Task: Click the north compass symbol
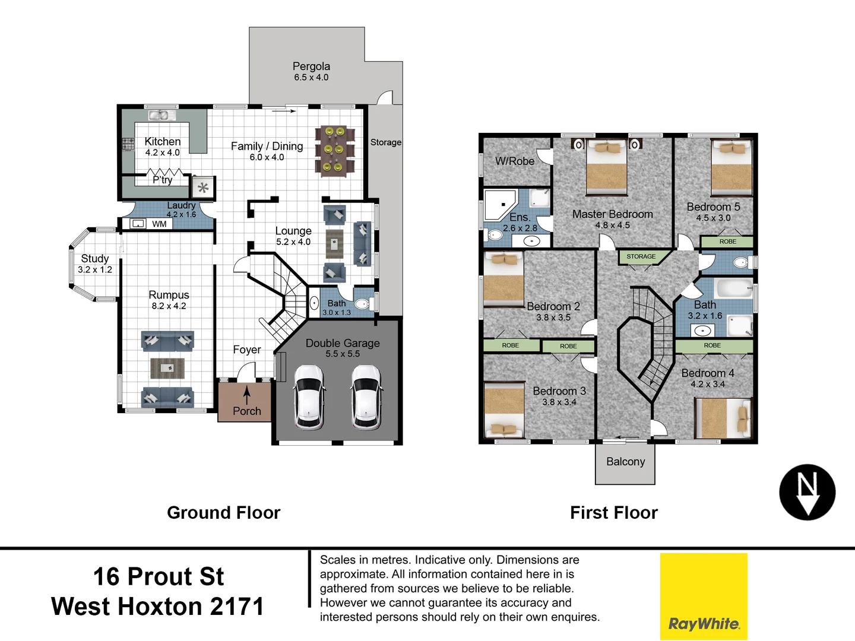click(x=807, y=492)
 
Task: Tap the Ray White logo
click(x=704, y=596)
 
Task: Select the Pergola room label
click(x=311, y=66)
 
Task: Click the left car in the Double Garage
click(x=309, y=396)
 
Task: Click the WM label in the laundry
click(x=159, y=224)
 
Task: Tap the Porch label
click(x=247, y=411)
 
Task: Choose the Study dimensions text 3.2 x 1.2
click(x=95, y=269)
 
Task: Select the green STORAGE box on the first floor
click(x=641, y=256)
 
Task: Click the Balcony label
click(x=625, y=462)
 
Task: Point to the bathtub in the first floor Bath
click(x=734, y=289)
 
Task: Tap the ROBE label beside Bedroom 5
click(x=727, y=242)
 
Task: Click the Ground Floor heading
click(x=223, y=513)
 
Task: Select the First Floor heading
click(x=614, y=513)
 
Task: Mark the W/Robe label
click(x=515, y=161)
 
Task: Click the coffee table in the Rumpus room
click(x=167, y=368)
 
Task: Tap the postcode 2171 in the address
click(x=237, y=607)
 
